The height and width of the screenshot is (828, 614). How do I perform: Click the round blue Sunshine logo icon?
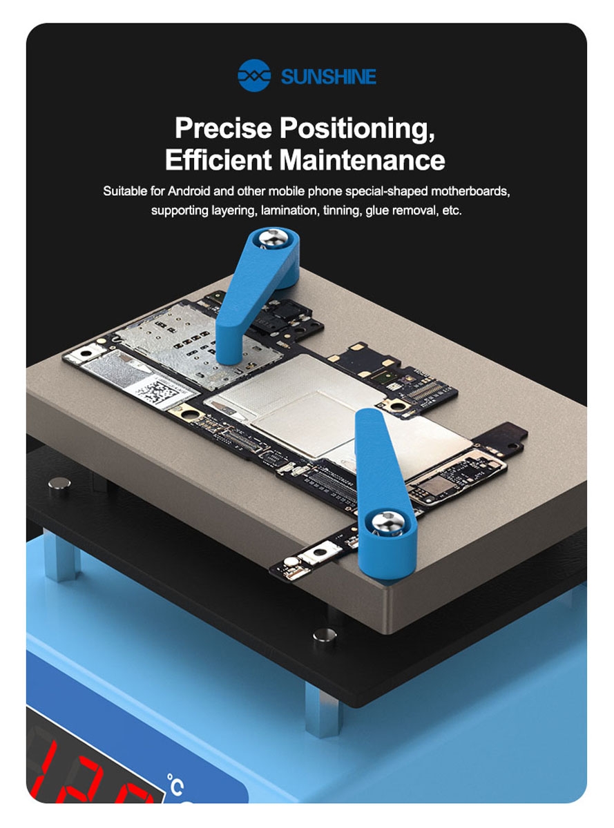(x=254, y=75)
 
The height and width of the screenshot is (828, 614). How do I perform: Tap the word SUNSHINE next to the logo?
(x=329, y=77)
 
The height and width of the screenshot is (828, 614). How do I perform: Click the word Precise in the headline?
(x=224, y=128)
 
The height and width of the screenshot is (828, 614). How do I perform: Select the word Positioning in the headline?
(x=358, y=129)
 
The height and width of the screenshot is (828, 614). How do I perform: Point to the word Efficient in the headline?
(x=218, y=159)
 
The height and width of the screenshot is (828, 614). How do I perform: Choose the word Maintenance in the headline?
(x=362, y=159)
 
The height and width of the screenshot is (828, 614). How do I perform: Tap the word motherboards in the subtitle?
(x=470, y=191)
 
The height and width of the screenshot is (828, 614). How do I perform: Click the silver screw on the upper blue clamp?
(x=275, y=238)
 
